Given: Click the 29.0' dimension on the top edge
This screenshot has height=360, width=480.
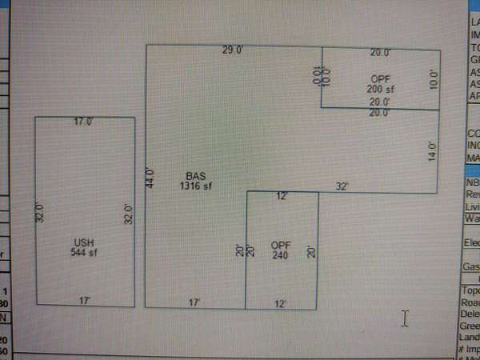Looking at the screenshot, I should [x=233, y=50].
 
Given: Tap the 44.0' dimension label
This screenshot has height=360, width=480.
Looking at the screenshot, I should [x=149, y=177].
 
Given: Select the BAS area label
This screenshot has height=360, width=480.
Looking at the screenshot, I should [x=196, y=176].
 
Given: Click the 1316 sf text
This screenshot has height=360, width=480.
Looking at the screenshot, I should [x=196, y=186].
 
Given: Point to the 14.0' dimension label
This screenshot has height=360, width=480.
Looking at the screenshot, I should [x=432, y=151].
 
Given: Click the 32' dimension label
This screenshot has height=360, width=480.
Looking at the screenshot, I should [x=342, y=186].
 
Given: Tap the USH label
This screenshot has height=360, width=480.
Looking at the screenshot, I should [x=83, y=242].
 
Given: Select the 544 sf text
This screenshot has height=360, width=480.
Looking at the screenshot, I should [x=83, y=252].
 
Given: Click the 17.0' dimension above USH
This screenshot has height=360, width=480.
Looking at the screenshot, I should [x=83, y=122].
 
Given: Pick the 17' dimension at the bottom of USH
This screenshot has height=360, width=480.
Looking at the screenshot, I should [x=83, y=300].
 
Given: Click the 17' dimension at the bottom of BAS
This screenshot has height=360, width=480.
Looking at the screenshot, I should [x=194, y=302].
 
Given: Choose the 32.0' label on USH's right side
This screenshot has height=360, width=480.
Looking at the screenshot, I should [x=127, y=214].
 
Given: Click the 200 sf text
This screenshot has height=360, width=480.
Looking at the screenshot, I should [x=380, y=88].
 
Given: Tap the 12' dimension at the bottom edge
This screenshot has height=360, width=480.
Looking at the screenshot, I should [x=280, y=303].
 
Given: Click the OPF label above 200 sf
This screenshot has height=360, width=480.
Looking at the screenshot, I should [x=380, y=78].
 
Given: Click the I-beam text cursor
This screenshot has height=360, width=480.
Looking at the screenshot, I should [x=405, y=319].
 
